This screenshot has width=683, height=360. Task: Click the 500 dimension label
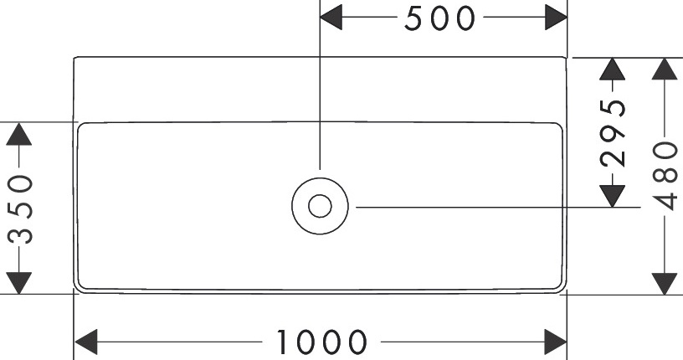click(439, 18)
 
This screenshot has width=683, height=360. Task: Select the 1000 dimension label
click(322, 342)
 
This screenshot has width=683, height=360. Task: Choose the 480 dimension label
click(665, 175)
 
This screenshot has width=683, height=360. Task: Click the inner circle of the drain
click(320, 205)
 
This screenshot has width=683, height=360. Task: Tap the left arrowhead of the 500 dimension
click(332, 18)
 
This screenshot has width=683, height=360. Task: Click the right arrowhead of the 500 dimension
click(557, 18)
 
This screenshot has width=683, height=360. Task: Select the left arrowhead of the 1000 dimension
click(87, 342)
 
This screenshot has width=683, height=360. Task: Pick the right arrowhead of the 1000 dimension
click(557, 342)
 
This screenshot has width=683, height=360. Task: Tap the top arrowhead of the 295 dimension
click(614, 69)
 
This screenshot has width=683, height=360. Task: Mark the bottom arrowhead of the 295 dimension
click(614, 194)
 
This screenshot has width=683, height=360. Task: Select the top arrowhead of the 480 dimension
click(665, 69)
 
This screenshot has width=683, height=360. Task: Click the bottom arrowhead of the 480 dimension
click(665, 283)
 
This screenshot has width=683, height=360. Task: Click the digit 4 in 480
click(665, 201)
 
